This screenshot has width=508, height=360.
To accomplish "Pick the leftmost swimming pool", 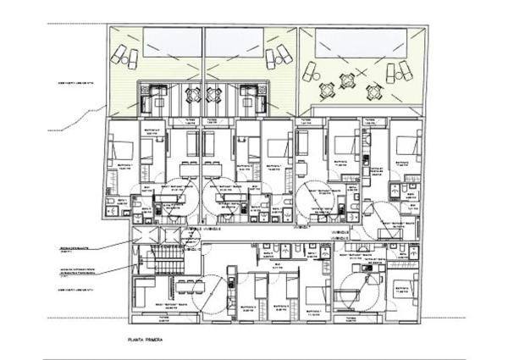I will point(172,38).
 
